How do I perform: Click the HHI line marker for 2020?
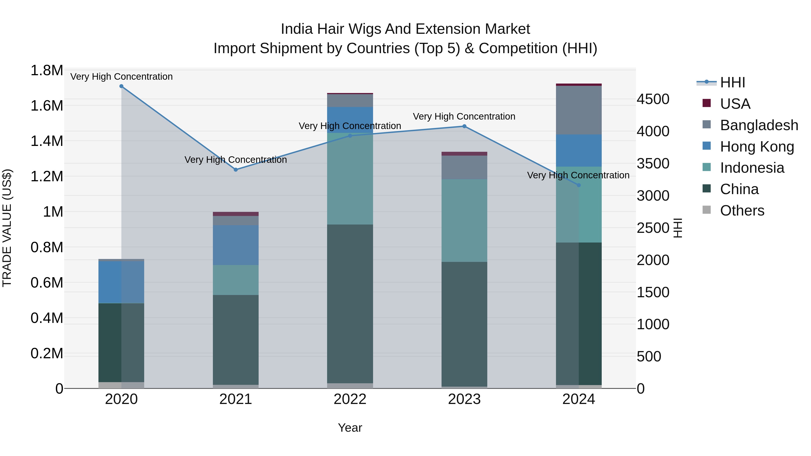pos(121,86)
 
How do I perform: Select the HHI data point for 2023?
pos(464,126)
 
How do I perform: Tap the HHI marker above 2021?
pos(236,170)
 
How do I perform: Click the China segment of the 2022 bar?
pos(350,304)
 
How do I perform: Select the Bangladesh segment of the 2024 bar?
pos(579,110)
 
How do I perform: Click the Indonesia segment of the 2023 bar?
pos(464,220)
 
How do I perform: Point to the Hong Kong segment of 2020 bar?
pos(121,282)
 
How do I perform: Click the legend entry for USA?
pos(735,104)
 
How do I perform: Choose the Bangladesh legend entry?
pos(759,125)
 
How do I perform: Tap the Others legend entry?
pos(742,211)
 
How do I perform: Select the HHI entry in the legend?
pos(732,82)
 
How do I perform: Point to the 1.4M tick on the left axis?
pos(47,141)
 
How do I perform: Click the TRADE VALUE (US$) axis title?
pos(7,228)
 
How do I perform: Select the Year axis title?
pos(350,428)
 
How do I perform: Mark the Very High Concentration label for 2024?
pos(578,175)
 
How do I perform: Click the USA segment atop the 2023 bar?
pos(464,154)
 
